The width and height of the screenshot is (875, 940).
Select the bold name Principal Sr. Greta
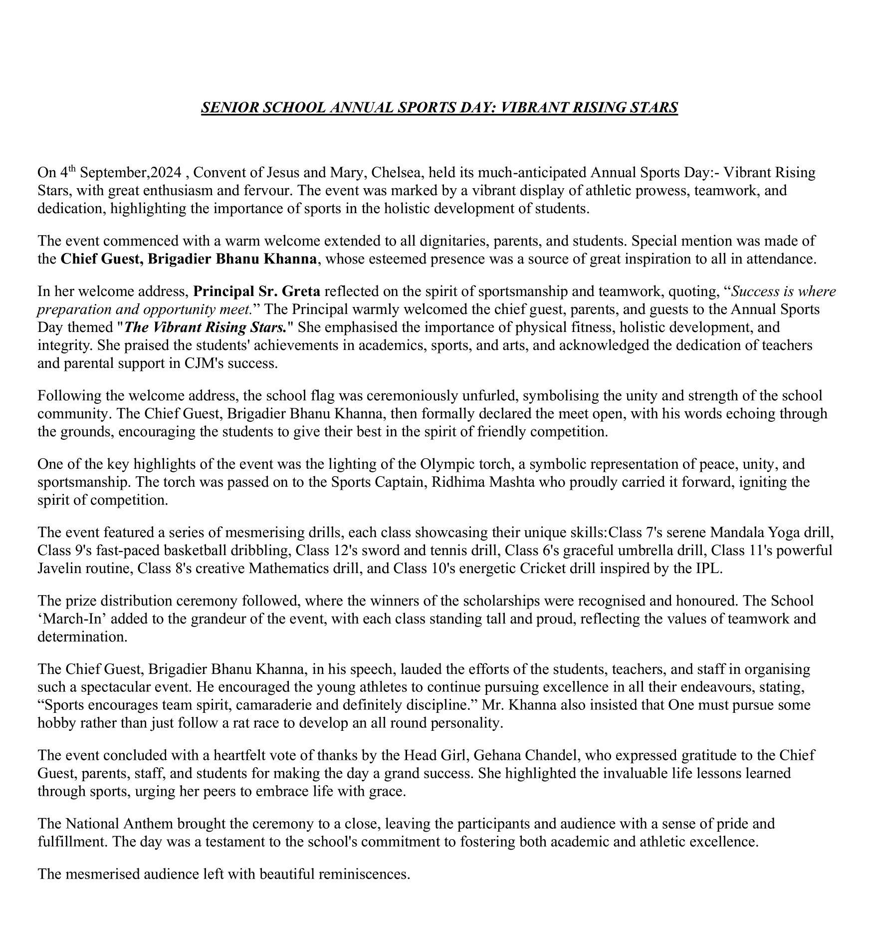pos(257,291)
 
